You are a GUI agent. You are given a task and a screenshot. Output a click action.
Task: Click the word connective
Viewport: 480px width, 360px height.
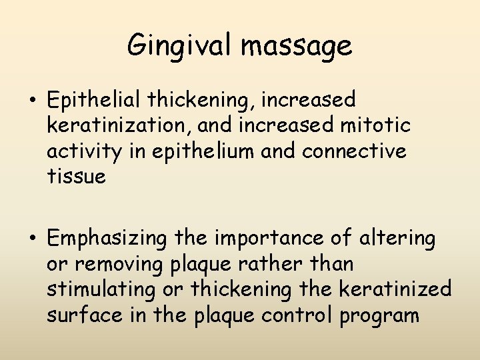(354, 151)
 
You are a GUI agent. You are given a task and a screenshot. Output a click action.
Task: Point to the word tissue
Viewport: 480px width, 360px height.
(76, 177)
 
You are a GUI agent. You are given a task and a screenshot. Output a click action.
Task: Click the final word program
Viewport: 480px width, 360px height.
(379, 315)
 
